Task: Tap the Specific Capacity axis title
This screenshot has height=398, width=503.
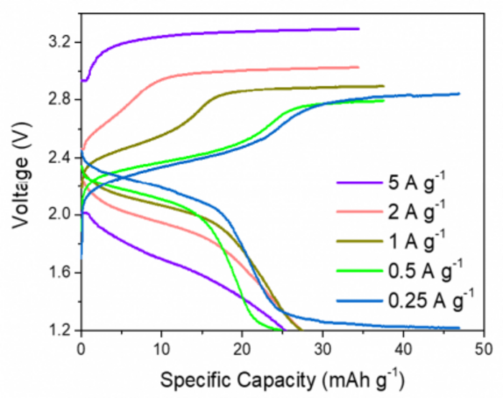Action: (282, 378)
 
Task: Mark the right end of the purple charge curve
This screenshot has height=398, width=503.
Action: (358, 29)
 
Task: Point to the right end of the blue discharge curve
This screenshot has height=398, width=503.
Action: (458, 328)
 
